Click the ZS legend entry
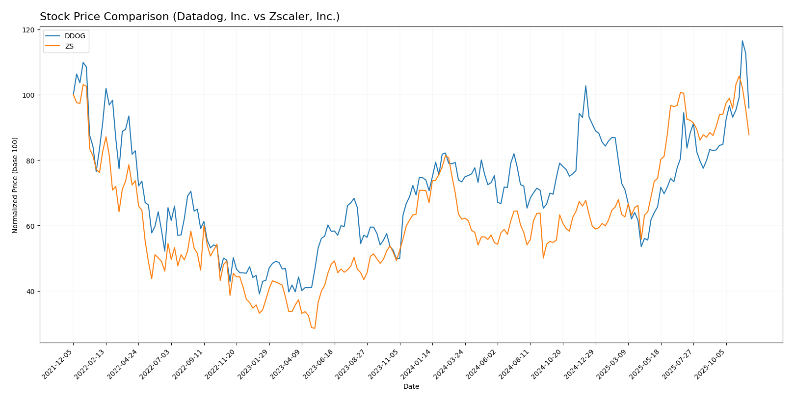69,46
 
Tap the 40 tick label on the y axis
30,292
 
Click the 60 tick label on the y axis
30,226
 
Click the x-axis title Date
411,387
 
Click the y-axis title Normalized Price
15,185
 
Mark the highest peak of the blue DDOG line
742,41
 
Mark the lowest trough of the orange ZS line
315,328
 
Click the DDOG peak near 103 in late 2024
585,86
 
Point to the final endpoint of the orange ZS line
749,134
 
